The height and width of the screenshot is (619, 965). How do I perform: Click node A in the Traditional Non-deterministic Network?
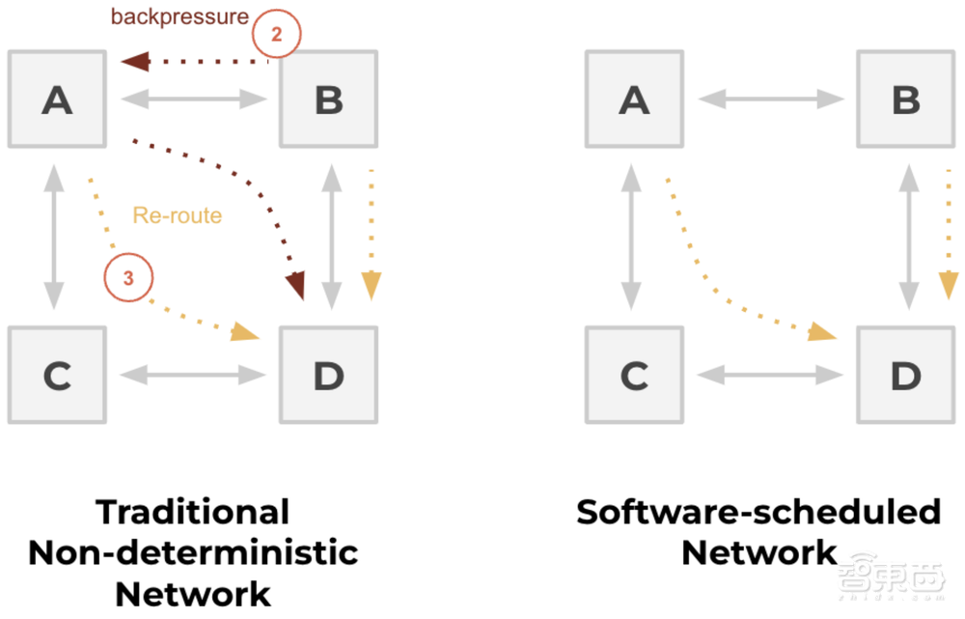coord(56,98)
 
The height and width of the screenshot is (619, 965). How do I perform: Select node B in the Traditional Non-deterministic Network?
coord(328,98)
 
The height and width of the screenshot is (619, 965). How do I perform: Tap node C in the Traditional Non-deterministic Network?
coord(56,375)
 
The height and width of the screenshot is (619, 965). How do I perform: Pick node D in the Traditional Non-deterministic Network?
coord(328,375)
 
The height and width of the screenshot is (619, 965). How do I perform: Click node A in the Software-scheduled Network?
coord(633,98)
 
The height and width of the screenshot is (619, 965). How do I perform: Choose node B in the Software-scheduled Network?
coord(905,98)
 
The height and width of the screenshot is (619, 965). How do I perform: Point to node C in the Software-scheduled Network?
coord(633,375)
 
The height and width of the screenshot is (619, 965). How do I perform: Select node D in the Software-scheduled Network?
coord(905,375)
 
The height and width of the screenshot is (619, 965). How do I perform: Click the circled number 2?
coord(276,36)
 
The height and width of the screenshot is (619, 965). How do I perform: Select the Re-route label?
coord(177,214)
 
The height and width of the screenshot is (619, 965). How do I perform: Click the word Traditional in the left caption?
coord(193,512)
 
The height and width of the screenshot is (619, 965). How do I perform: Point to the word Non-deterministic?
coord(193,552)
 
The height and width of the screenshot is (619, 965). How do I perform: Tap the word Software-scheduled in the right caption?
coord(758,512)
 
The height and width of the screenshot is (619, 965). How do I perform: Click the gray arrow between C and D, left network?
coord(193,373)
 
